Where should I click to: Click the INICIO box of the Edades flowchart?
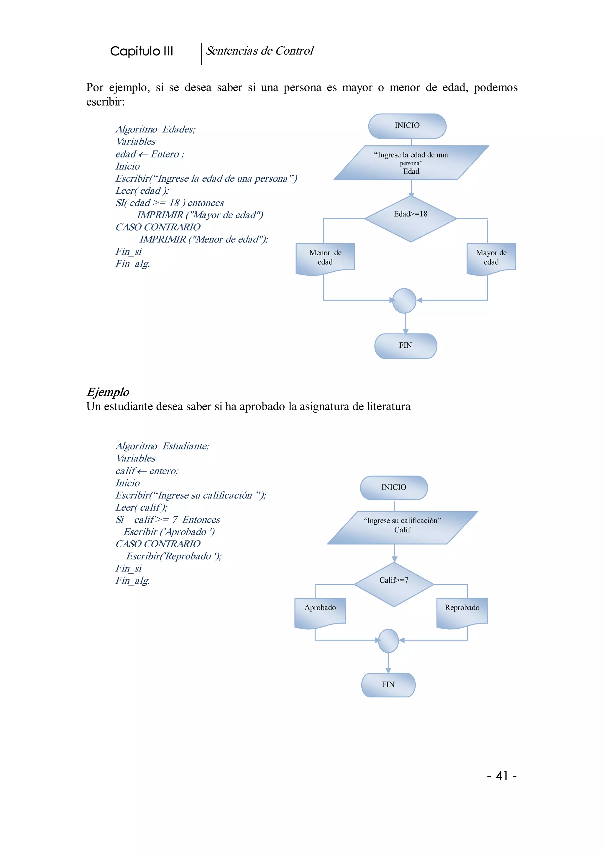coord(407,126)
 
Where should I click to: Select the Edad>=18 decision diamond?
coord(410,219)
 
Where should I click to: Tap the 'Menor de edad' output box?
coord(325,258)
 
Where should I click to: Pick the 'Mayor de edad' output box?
coord(491,258)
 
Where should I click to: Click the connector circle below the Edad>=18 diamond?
coord(404,300)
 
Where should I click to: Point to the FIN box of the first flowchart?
coord(406,346)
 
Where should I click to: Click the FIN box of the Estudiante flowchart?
coord(388,684)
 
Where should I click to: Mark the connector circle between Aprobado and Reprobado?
coord(388,640)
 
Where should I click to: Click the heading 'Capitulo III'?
coord(142,51)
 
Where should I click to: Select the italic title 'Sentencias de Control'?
coord(260,51)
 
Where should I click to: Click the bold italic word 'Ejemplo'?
coord(108,392)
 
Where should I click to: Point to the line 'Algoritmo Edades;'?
coord(155,129)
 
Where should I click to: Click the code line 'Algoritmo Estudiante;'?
coord(163,446)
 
